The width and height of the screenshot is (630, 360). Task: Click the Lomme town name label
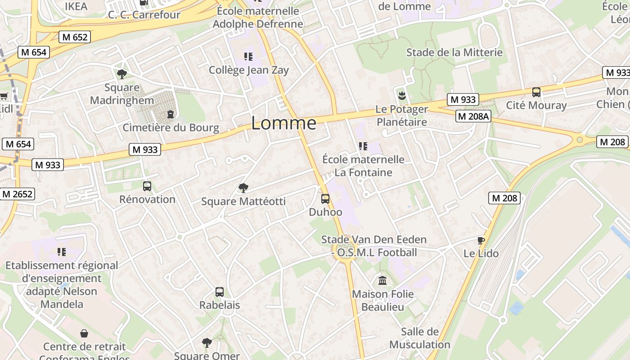pyautogui.click(x=283, y=123)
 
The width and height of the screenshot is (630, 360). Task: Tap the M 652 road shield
pyautogui.click(x=75, y=37)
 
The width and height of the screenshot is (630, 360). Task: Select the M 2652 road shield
pyautogui.click(x=18, y=194)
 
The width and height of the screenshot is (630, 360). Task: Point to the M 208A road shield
pyautogui.click(x=473, y=117)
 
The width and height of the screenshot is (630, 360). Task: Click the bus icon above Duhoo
pyautogui.click(x=325, y=198)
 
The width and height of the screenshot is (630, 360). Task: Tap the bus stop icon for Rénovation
pyautogui.click(x=147, y=186)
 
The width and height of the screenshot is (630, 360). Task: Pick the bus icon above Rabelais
pyautogui.click(x=220, y=292)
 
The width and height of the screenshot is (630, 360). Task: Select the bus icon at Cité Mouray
pyautogui.click(x=536, y=92)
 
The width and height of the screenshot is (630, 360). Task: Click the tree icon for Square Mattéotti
pyautogui.click(x=243, y=188)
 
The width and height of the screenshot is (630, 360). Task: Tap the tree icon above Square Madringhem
pyautogui.click(x=121, y=74)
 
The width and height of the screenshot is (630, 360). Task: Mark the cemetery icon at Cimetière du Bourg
pyautogui.click(x=171, y=114)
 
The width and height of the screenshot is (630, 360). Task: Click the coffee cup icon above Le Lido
pyautogui.click(x=481, y=240)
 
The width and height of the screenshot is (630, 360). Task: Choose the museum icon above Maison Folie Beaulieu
pyautogui.click(x=382, y=281)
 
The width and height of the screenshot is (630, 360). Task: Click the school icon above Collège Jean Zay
pyautogui.click(x=248, y=57)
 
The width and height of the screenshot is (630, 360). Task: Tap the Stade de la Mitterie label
pyautogui.click(x=454, y=52)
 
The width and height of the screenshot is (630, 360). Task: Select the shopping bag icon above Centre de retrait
pyautogui.click(x=84, y=333)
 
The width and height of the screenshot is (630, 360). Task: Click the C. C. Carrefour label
pyautogui.click(x=144, y=14)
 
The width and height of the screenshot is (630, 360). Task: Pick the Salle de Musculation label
pyautogui.click(x=419, y=338)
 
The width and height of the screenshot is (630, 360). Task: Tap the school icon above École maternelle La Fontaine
pyautogui.click(x=363, y=146)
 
